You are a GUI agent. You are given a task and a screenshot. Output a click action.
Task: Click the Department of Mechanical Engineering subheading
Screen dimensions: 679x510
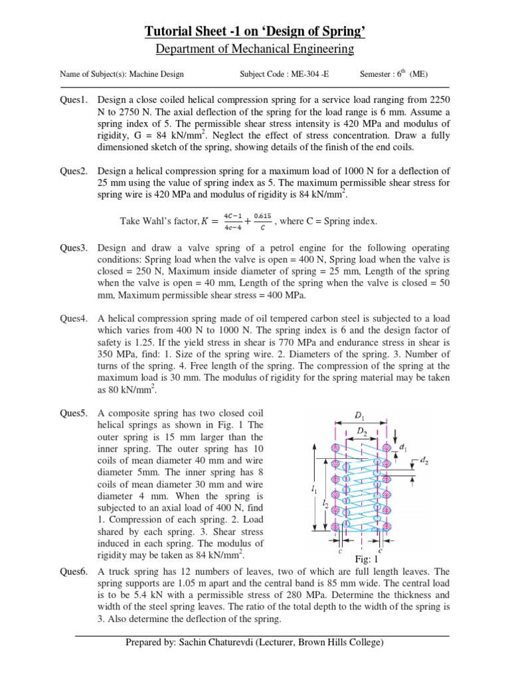tap(255, 50)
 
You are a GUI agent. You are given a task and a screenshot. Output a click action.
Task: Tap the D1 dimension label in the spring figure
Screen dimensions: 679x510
tap(359, 416)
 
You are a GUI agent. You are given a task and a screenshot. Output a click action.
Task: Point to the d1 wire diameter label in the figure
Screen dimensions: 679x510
tap(403, 448)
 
